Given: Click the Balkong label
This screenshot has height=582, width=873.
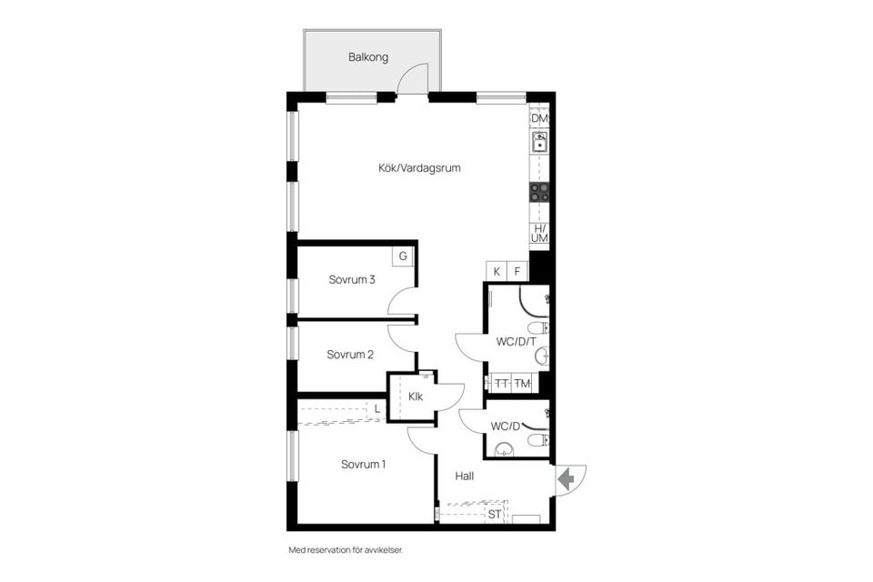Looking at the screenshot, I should click(x=368, y=57).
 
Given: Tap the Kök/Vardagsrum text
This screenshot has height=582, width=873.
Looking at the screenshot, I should click(x=414, y=167).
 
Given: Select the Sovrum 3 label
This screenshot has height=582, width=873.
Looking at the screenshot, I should click(x=352, y=280).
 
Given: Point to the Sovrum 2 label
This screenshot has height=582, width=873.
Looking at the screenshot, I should click(x=351, y=355).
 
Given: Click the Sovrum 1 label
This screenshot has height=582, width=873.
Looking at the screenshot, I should click(x=364, y=465).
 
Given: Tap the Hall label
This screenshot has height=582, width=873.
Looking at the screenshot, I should click(x=465, y=476).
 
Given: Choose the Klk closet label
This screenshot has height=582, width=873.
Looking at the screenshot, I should click(x=416, y=396).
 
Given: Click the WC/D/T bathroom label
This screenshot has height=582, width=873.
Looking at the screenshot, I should click(x=516, y=343).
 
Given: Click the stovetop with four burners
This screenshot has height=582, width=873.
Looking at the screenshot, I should click(x=540, y=192).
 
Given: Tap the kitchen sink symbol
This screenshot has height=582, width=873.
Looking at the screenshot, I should click(x=540, y=142).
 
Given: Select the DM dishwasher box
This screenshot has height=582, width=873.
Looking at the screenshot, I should click(x=540, y=119).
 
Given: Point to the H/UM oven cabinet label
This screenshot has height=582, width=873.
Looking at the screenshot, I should click(x=540, y=233).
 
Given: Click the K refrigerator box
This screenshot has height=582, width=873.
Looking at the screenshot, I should click(x=497, y=271).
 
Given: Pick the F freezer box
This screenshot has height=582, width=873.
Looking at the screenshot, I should click(x=518, y=271).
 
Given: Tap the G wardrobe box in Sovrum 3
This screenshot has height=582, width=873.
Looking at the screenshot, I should click(x=402, y=256).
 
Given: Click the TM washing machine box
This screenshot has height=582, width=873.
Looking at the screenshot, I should click(x=523, y=384).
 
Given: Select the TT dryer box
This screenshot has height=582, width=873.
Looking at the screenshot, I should click(x=501, y=384).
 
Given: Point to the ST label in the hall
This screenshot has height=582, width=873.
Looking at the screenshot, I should click(x=495, y=515).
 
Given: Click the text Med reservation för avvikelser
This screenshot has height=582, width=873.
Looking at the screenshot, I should click(x=346, y=550).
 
